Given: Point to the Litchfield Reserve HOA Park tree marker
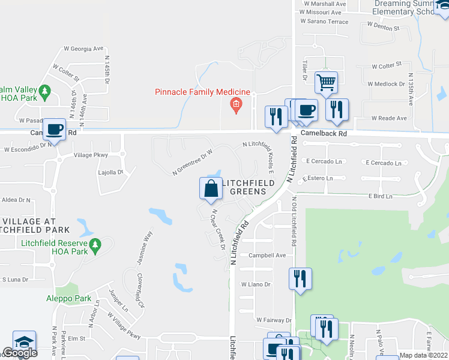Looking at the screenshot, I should pyautogui.click(x=94, y=245).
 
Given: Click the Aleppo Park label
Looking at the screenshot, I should pyautogui.click(x=68, y=298).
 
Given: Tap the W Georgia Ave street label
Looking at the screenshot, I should pyautogui.click(x=84, y=49).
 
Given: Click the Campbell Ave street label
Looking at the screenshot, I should pyautogui.click(x=268, y=255).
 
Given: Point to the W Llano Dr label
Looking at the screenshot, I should pyautogui.click(x=256, y=284).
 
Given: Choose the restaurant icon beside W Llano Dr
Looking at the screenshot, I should pyautogui.click(x=300, y=278).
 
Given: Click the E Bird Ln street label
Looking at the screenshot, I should pyautogui.click(x=380, y=196).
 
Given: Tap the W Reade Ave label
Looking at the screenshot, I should pyautogui.click(x=389, y=118).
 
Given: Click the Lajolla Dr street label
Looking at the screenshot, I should pyautogui.click(x=110, y=172).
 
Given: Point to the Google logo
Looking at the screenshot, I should pyautogui.click(x=20, y=353).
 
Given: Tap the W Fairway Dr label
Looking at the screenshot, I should pyautogui.click(x=274, y=320).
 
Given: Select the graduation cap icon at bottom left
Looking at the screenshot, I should pyautogui.click(x=24, y=341).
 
